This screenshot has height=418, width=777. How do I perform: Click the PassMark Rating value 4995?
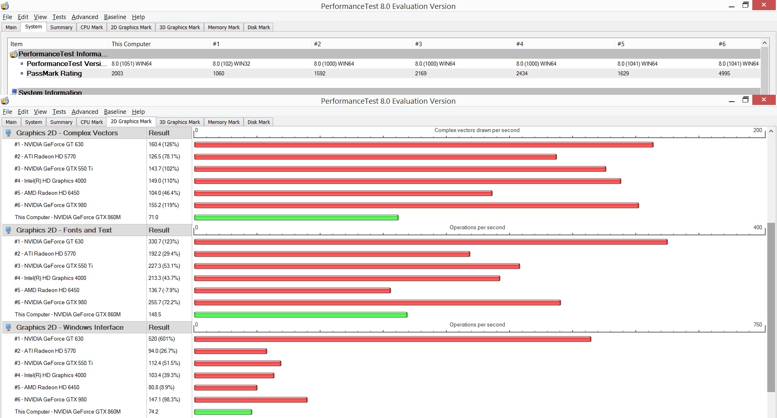[x=724, y=73]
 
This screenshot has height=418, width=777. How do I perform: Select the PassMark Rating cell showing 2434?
[x=522, y=73]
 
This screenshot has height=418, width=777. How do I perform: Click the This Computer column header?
[x=131, y=44]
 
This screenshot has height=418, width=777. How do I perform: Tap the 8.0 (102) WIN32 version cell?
[x=231, y=64]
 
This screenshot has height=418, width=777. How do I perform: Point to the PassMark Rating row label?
[x=54, y=73]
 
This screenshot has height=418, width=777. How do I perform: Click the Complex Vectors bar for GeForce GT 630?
[x=424, y=145]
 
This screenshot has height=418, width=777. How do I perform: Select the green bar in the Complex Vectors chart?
[x=296, y=218]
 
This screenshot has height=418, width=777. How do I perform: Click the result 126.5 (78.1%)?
[x=164, y=156]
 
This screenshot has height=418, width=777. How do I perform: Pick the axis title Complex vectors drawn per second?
[x=477, y=130]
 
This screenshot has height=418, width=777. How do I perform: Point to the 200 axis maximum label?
[x=758, y=130]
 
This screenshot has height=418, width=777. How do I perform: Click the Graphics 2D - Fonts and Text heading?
[x=64, y=230]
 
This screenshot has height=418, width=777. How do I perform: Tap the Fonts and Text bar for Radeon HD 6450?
[x=293, y=290]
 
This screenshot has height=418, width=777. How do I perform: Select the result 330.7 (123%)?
[x=163, y=241]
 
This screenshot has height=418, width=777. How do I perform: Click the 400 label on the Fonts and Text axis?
[x=758, y=228]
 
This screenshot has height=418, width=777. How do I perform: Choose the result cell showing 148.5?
[x=155, y=314]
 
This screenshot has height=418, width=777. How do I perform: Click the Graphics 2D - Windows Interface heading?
[x=70, y=327]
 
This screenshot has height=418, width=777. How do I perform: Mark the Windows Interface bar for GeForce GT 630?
[x=393, y=339]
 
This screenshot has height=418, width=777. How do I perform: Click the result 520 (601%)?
[x=161, y=339]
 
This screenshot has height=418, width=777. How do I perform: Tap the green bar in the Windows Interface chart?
[x=223, y=412]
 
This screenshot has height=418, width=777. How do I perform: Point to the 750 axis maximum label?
[x=758, y=325]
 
